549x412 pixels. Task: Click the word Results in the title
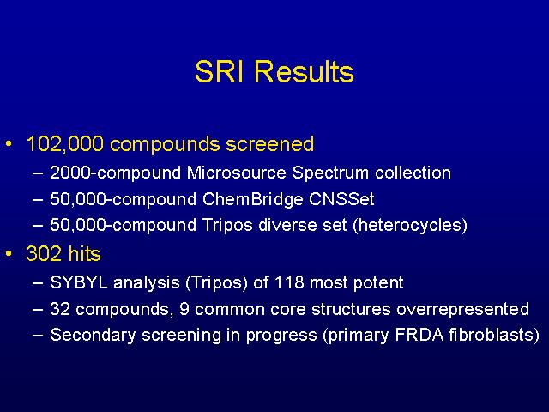pyautogui.click(x=304, y=72)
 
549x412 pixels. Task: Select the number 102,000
pyautogui.click(x=65, y=144)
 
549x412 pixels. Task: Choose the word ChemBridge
pyautogui.click(x=252, y=199)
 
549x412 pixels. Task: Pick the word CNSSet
pyautogui.click(x=341, y=199)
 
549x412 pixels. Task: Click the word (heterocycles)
pyautogui.click(x=410, y=225)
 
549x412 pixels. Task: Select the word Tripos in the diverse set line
pyautogui.click(x=227, y=225)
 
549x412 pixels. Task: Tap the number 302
pyautogui.click(x=44, y=254)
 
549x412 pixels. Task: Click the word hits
pyautogui.click(x=84, y=254)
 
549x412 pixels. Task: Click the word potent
pyautogui.click(x=378, y=283)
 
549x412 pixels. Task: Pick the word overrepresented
pyautogui.click(x=462, y=309)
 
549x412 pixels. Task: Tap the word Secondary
pyautogui.click(x=93, y=335)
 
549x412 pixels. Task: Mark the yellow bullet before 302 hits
pyautogui.click(x=9, y=253)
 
